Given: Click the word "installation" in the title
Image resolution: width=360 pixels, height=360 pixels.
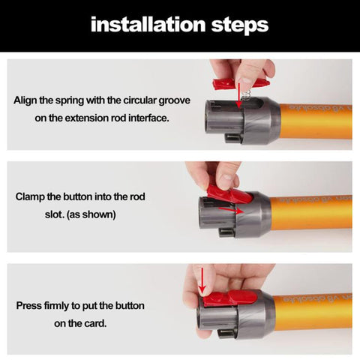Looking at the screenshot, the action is [x=148, y=25].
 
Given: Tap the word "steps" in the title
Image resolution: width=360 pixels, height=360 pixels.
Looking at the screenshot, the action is [x=240, y=25].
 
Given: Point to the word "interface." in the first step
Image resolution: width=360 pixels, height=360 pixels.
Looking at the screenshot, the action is [x=148, y=118].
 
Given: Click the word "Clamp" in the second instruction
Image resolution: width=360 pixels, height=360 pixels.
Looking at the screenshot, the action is [x=30, y=197].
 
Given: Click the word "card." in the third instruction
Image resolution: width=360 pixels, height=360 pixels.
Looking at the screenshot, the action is [x=95, y=324].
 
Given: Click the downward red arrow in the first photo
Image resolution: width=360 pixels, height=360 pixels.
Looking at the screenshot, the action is [x=239, y=95].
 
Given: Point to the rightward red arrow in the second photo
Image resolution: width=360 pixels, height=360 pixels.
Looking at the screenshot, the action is [x=231, y=210].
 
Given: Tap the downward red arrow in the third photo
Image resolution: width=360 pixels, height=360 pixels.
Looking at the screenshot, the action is [x=202, y=280].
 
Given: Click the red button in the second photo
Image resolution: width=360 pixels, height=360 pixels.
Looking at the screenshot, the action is [x=229, y=194].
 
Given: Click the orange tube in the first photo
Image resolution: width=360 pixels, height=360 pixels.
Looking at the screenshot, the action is [x=316, y=121].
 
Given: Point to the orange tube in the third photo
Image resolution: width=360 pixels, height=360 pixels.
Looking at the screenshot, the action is [x=313, y=311].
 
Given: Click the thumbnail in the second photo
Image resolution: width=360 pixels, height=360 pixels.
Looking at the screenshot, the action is [x=228, y=178].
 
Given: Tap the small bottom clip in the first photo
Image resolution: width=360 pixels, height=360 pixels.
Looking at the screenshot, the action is [x=233, y=138].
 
